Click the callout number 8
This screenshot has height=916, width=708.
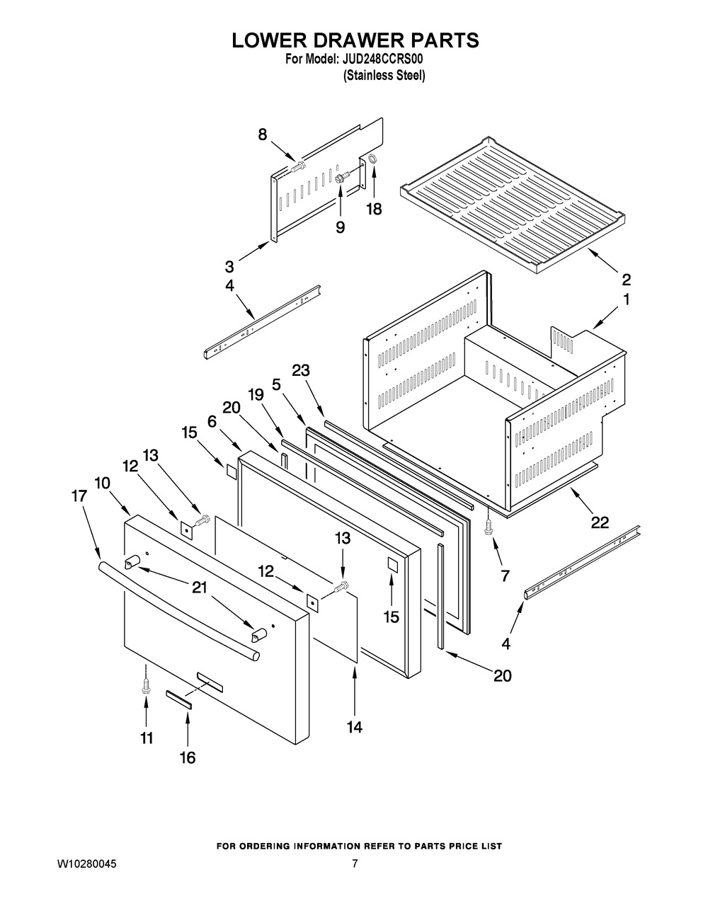coord(263,134)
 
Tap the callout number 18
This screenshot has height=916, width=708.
coord(373,210)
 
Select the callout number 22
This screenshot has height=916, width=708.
coord(599,522)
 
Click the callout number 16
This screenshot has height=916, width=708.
coord(187,757)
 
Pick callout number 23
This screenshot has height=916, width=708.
coord(301,370)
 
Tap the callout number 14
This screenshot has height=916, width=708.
coord(354,726)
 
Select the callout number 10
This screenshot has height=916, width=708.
coord(102,483)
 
